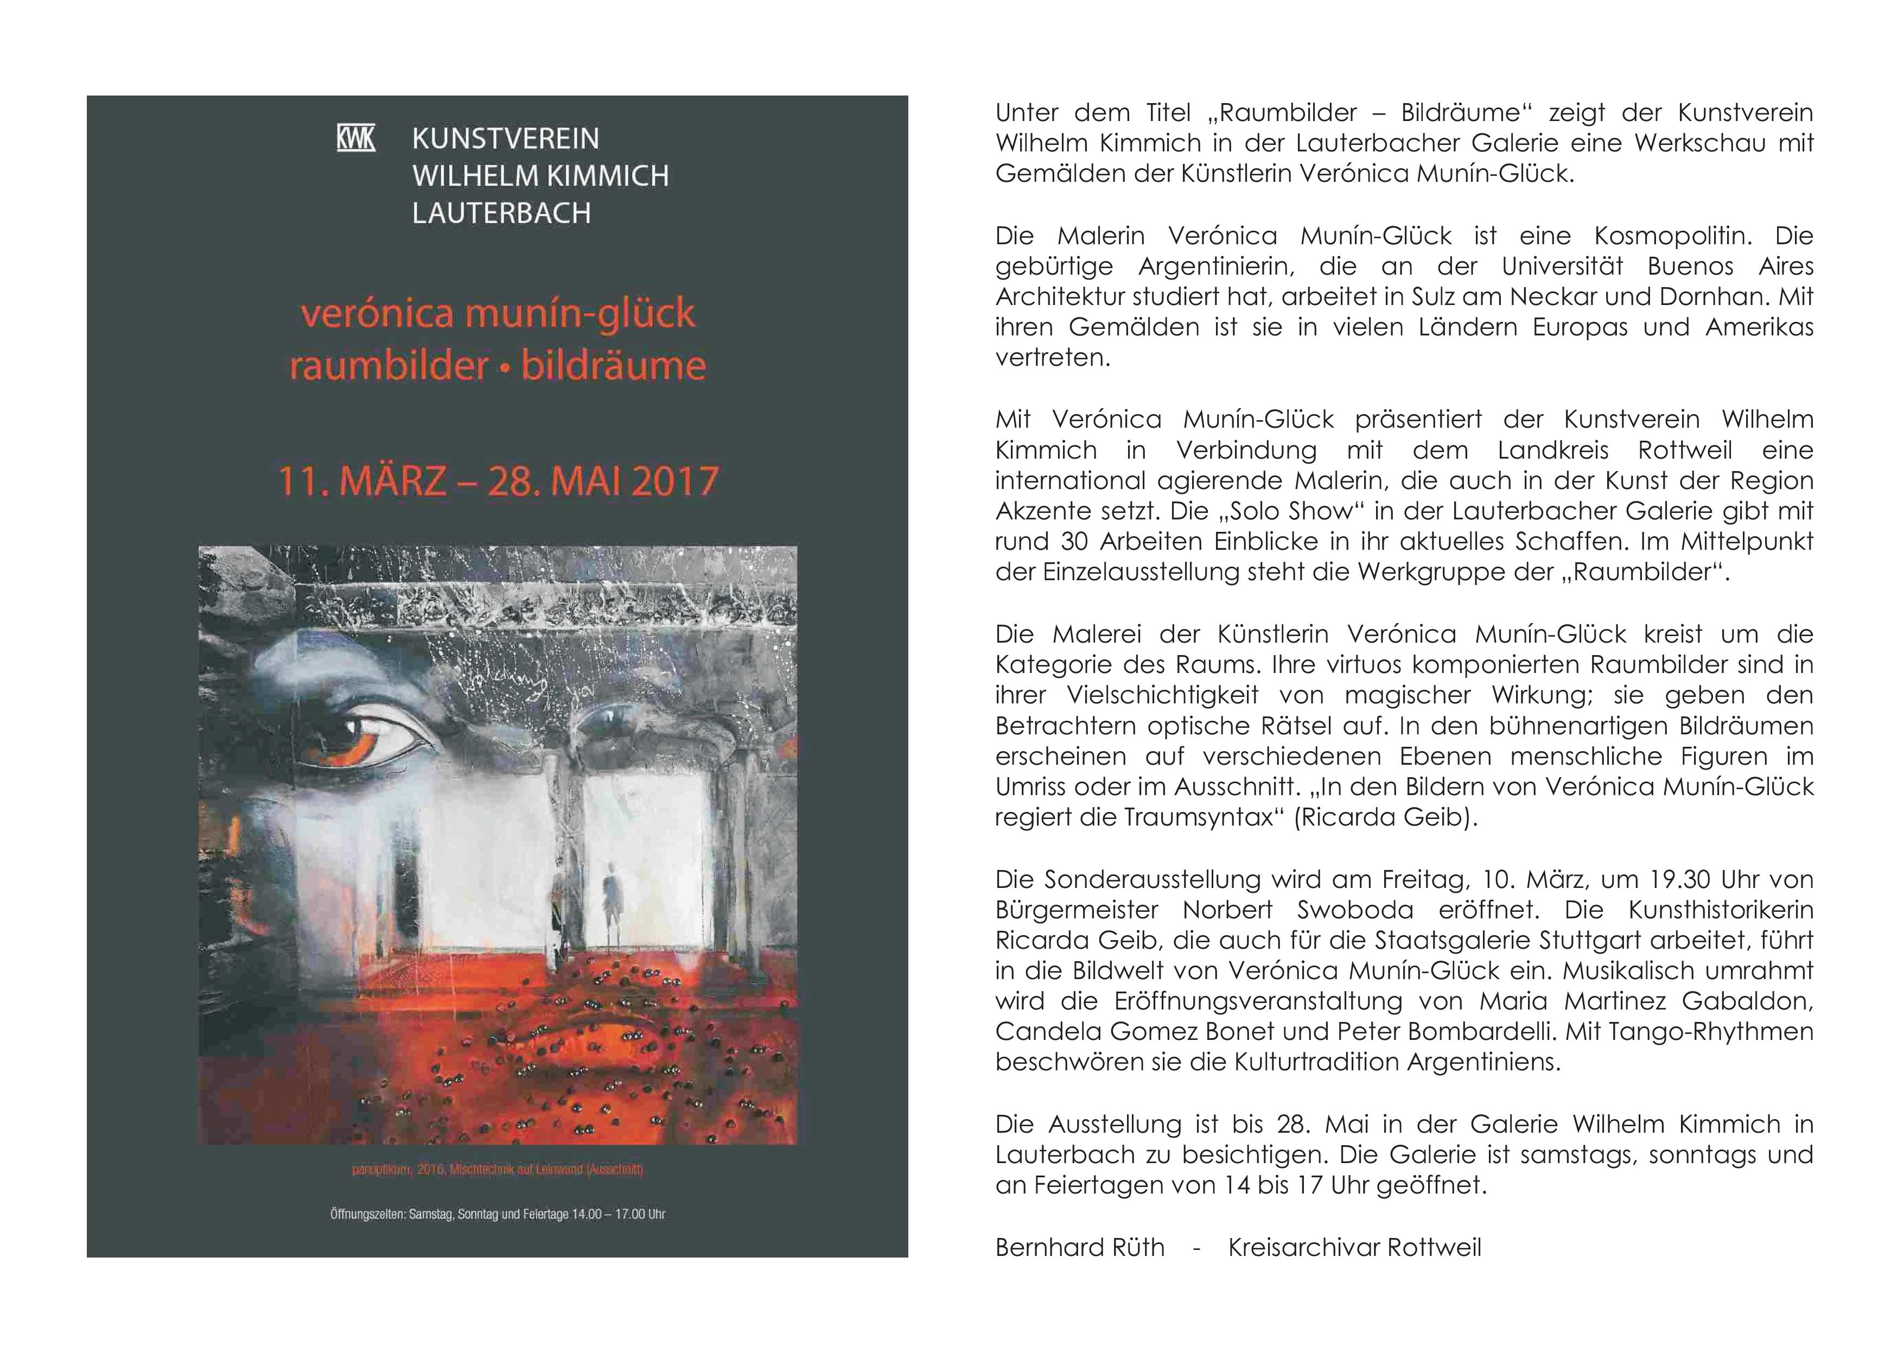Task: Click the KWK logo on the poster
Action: point(356,138)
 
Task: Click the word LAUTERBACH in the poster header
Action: point(502,213)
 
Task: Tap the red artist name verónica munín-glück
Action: point(498,314)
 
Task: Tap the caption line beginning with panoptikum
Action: point(498,1170)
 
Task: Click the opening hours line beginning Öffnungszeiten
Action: point(498,1214)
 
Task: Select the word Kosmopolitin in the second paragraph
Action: point(1673,236)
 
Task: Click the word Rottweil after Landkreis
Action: point(1685,450)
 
